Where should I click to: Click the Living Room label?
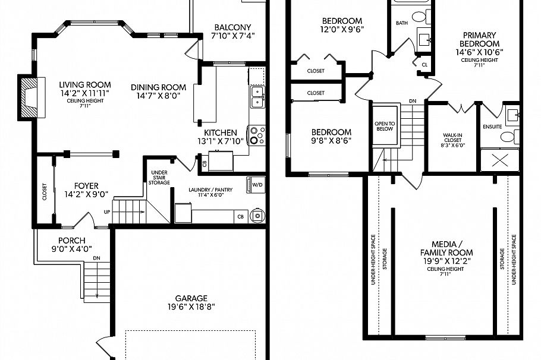[85, 85]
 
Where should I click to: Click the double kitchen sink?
[257, 97]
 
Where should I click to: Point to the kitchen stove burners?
[257, 135]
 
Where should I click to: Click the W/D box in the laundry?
[257, 185]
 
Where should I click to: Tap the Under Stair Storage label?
[159, 178]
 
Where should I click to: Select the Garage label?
[191, 298]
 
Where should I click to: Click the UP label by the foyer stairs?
[107, 211]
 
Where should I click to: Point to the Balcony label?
[232, 27]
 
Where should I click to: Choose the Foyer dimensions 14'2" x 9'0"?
[86, 194]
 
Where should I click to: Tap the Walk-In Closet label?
[453, 138]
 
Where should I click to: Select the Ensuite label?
[492, 127]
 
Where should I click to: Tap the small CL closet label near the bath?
[424, 64]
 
